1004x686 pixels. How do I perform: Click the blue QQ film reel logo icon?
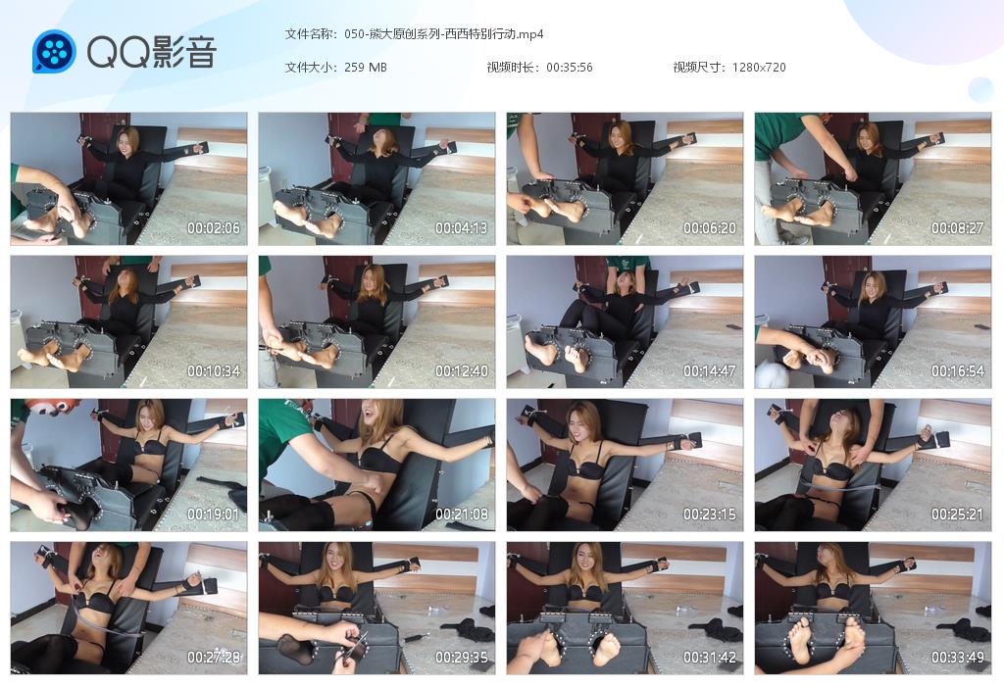(54, 51)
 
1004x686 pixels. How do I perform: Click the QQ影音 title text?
(152, 52)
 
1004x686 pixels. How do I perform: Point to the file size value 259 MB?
(366, 68)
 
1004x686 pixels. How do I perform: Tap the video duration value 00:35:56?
(570, 68)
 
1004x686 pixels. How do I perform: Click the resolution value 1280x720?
(759, 68)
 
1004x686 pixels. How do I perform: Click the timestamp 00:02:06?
(213, 227)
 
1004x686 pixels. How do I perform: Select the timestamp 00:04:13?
(461, 227)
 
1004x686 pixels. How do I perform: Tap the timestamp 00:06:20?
(710, 227)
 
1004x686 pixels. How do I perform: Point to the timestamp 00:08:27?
(957, 227)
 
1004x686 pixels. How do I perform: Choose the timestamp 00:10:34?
(213, 371)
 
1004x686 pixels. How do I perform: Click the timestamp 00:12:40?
(461, 371)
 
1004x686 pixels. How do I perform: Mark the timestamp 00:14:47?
(710, 371)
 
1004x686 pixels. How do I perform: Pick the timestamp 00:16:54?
(957, 371)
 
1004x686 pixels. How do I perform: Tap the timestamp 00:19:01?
(213, 514)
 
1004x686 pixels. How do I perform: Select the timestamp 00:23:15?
(710, 514)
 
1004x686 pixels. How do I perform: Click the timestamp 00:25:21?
(957, 514)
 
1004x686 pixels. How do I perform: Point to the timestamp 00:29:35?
(461, 658)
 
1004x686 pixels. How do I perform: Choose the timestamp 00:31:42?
(710, 658)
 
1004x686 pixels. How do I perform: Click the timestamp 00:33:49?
(957, 658)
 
